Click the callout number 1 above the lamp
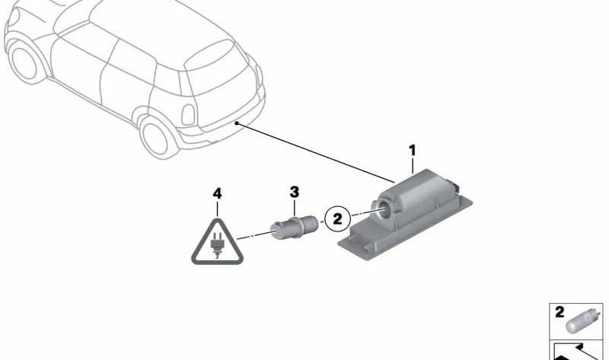pos(412,150)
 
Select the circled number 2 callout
pos(337,218)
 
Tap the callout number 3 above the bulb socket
pos(295,192)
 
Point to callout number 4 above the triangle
pos(217,193)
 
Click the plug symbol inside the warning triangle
pos(217,244)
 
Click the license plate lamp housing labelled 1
pos(406,214)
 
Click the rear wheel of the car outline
pos(156,137)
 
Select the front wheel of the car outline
pos(25,62)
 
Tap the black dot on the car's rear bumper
pos(236,123)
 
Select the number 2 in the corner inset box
pos(560,312)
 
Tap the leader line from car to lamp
pos(315,153)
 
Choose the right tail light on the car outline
pos(259,75)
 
